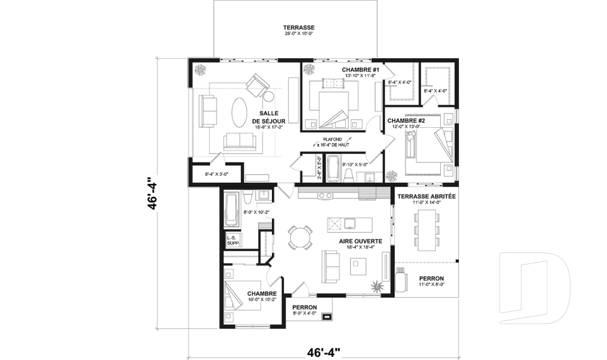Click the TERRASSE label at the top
tap(298, 28)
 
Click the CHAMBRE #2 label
tap(405, 120)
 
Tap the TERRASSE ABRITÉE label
tap(426, 197)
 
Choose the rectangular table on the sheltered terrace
tap(426, 228)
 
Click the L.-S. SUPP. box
tap(233, 240)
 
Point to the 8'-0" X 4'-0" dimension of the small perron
tap(304, 313)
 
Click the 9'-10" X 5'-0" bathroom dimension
tap(355, 165)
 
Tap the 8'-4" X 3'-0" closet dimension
tap(207, 174)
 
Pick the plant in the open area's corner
tap(378, 286)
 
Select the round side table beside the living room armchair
tap(268, 97)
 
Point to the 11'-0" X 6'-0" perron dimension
tap(431, 285)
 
